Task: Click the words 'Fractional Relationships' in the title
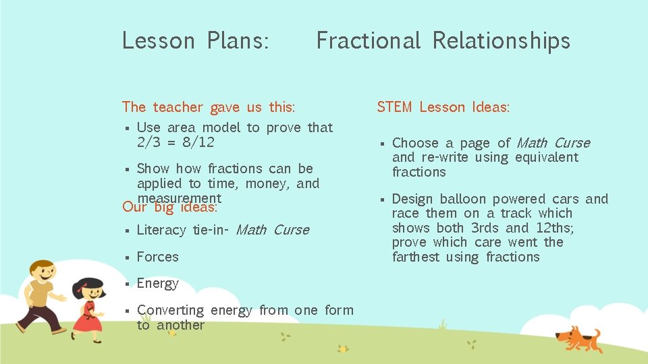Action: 443,41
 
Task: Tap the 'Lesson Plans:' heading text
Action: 196,41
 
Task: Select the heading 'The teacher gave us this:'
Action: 208,107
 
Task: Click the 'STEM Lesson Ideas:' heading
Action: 443,107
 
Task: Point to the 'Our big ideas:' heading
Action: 169,207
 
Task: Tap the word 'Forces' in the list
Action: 157,257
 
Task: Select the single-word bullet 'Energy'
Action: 157,283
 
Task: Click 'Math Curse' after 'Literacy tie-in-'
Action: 273,230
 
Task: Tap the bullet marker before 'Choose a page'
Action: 381,144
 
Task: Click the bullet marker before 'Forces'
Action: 126,257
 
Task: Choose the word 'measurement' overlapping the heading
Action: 179,198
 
